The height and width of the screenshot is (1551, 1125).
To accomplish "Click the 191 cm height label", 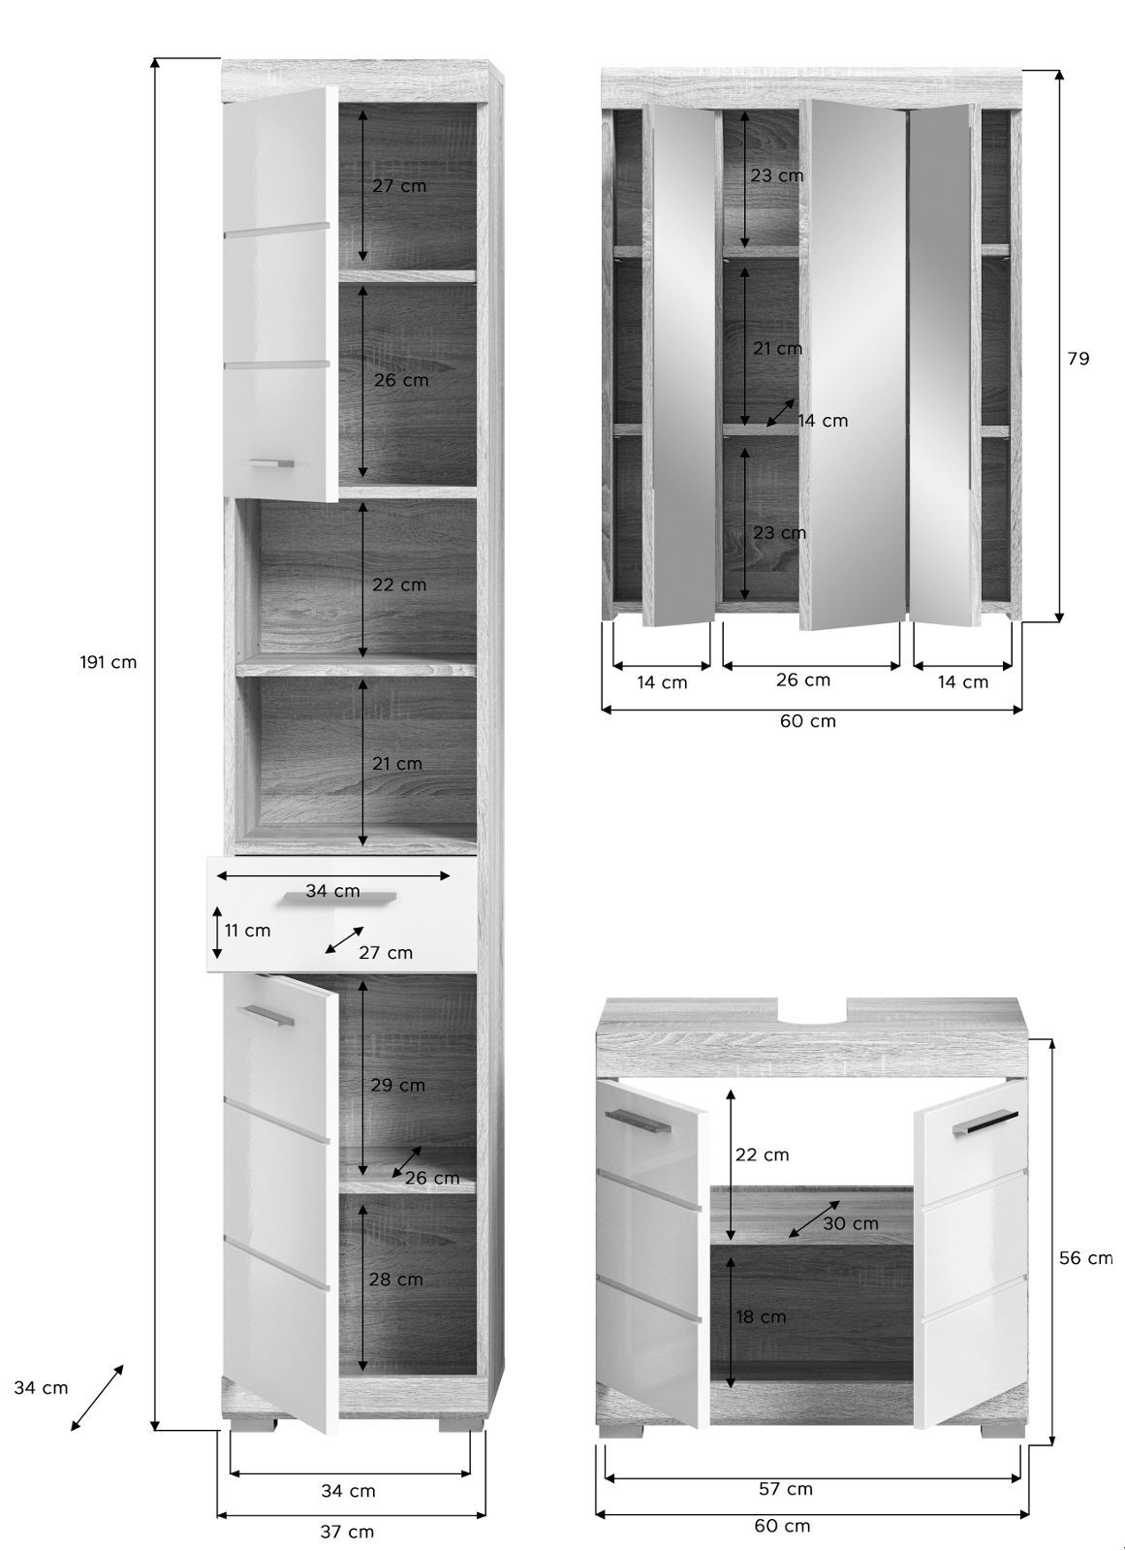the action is click(108, 662).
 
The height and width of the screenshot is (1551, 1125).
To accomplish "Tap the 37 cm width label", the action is click(347, 1532).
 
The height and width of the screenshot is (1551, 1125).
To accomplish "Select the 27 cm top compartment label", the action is click(399, 185).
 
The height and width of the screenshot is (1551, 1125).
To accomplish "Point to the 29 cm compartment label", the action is click(397, 1085).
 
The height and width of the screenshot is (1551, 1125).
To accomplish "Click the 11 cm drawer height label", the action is click(247, 931).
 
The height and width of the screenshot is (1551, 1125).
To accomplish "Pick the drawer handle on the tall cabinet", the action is click(341, 898).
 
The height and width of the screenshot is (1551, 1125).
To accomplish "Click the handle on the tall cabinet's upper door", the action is click(272, 463).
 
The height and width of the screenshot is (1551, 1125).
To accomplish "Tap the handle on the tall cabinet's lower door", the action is click(266, 1014).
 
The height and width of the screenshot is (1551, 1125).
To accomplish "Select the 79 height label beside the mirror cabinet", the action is click(1078, 358).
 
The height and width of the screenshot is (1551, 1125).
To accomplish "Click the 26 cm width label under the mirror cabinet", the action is click(803, 680).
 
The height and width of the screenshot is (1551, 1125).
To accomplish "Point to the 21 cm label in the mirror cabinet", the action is click(778, 348).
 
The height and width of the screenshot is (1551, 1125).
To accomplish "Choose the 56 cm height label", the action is click(1085, 1257).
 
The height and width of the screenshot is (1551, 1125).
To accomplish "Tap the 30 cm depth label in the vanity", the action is click(851, 1223).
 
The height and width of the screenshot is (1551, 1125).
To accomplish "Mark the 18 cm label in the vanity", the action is click(761, 1317).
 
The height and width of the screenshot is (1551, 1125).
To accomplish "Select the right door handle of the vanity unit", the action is click(984, 1124).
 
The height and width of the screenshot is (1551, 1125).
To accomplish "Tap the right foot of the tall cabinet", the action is click(459, 1424).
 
